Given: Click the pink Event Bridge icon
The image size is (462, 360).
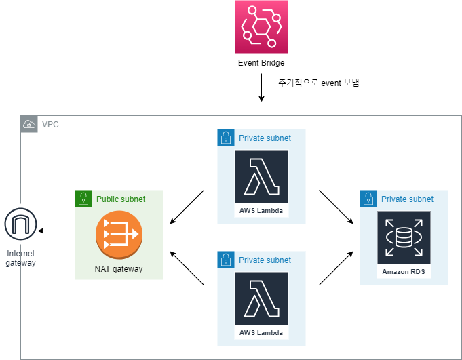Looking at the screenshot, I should pos(261,26).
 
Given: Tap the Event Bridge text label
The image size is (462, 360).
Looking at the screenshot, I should pos(261,63).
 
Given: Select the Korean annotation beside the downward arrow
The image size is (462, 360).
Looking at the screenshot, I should pos(318,83).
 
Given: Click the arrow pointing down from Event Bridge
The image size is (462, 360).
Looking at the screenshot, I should pos(261,88).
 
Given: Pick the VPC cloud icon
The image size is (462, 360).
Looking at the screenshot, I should pos(29,124).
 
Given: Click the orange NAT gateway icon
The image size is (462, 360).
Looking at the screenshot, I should pos(119,235).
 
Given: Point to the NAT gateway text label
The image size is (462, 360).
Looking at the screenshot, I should pos(119,269).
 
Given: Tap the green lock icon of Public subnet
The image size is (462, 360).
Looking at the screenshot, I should pos(83,199).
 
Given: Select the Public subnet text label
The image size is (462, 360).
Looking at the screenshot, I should pos(121,199).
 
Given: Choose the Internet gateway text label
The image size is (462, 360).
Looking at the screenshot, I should pos(21,258).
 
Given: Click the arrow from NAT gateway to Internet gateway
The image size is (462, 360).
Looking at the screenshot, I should pos(57,231).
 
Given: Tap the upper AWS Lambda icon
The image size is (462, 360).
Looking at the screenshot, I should pos(261,176).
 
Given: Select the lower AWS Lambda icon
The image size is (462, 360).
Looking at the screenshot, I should pos(261,298).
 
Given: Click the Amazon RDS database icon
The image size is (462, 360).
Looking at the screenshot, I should pos(404,237).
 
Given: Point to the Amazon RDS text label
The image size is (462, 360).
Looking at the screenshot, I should pos(404,271).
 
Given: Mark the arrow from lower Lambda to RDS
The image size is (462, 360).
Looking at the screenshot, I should pos(336,267).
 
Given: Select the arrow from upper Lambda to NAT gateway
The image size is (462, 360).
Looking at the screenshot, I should pos(187,207).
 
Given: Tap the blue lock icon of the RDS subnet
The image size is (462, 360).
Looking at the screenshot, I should pos(368,199).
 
